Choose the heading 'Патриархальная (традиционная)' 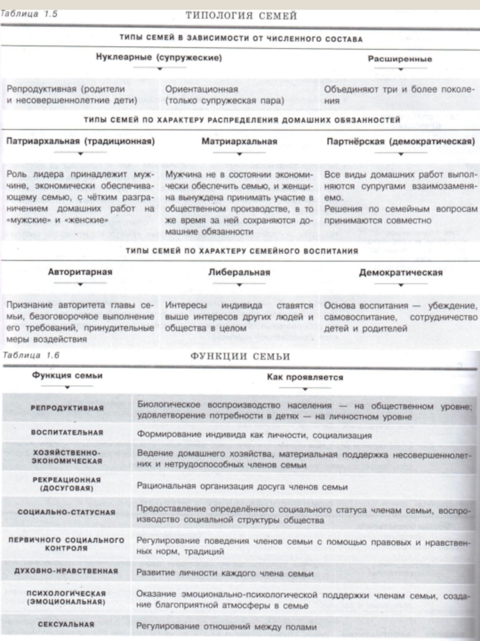click(80, 142)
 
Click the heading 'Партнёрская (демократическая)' click(398, 142)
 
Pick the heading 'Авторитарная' click(80, 272)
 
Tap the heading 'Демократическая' click(401, 272)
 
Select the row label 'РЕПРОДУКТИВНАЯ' click(67, 408)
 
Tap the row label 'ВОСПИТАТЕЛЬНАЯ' click(67, 433)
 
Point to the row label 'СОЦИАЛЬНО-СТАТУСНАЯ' click(67, 512)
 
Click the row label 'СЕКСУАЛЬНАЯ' click(67, 624)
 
